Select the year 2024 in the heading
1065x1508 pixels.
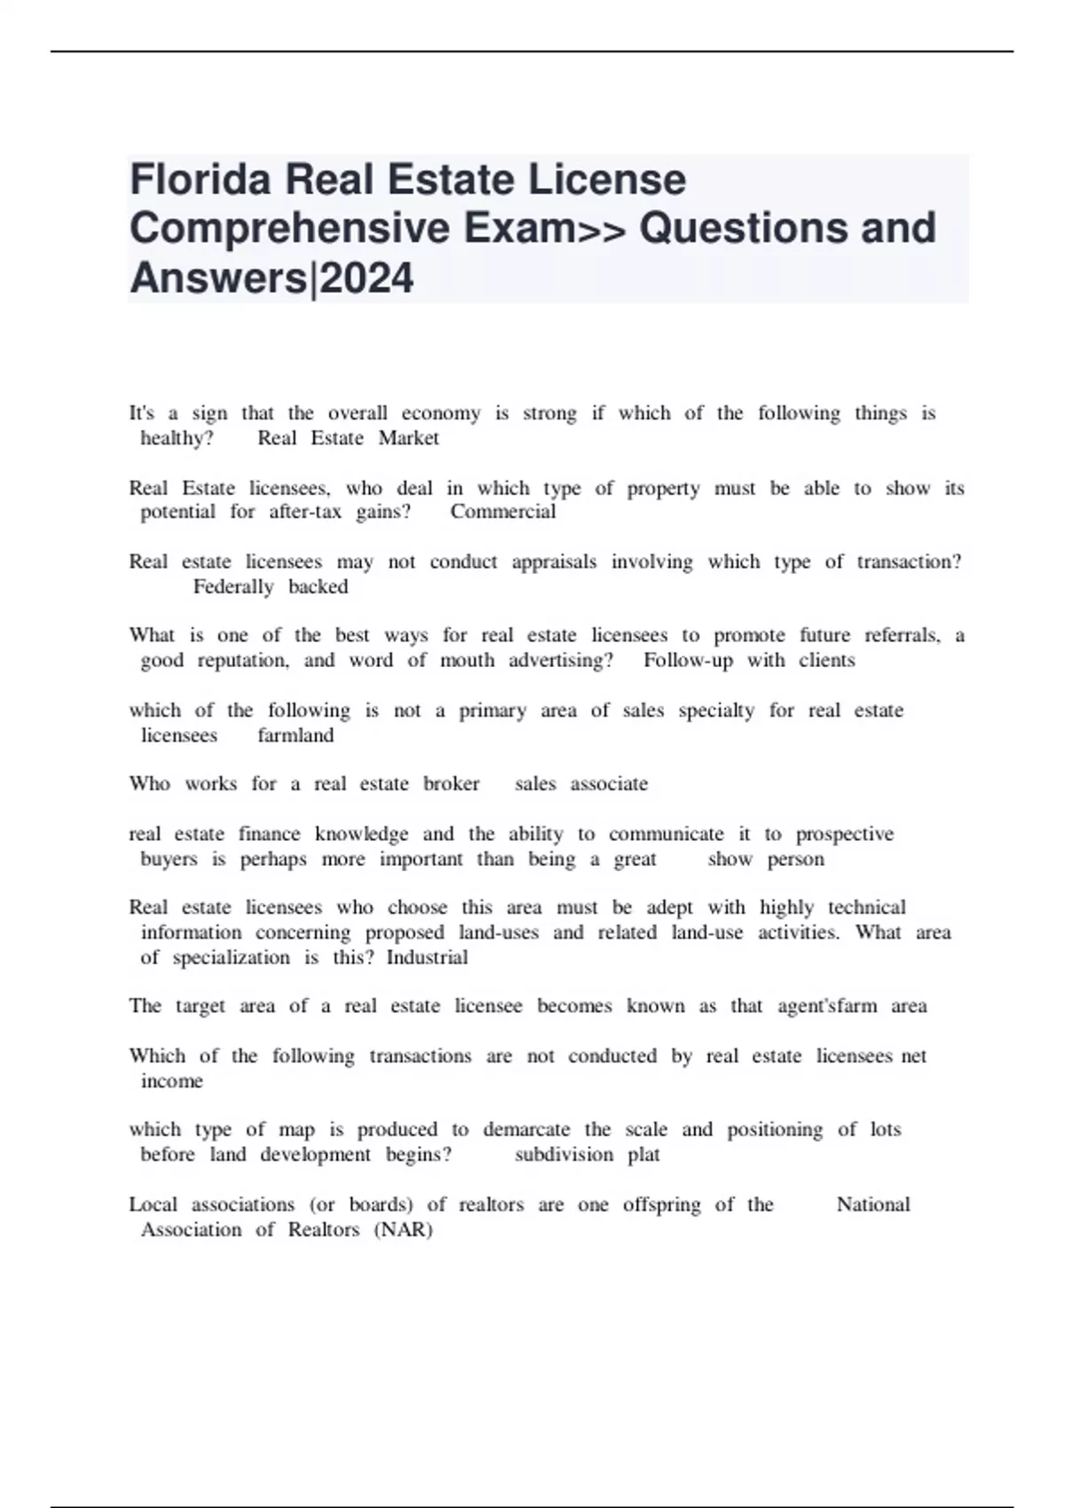coord(367,278)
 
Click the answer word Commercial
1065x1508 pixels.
coord(502,512)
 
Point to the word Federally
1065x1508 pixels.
coord(233,587)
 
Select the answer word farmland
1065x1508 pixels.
coord(296,735)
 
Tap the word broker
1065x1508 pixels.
coord(451,784)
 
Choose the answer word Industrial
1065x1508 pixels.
coord(427,958)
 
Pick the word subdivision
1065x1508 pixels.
coord(564,1155)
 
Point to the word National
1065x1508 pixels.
coord(873,1206)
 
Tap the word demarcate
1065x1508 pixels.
coord(526,1130)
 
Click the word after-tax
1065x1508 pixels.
coord(305,512)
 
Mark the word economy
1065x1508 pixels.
coord(441,413)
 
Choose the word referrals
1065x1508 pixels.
coord(903,636)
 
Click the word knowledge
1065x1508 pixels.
coord(361,835)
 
